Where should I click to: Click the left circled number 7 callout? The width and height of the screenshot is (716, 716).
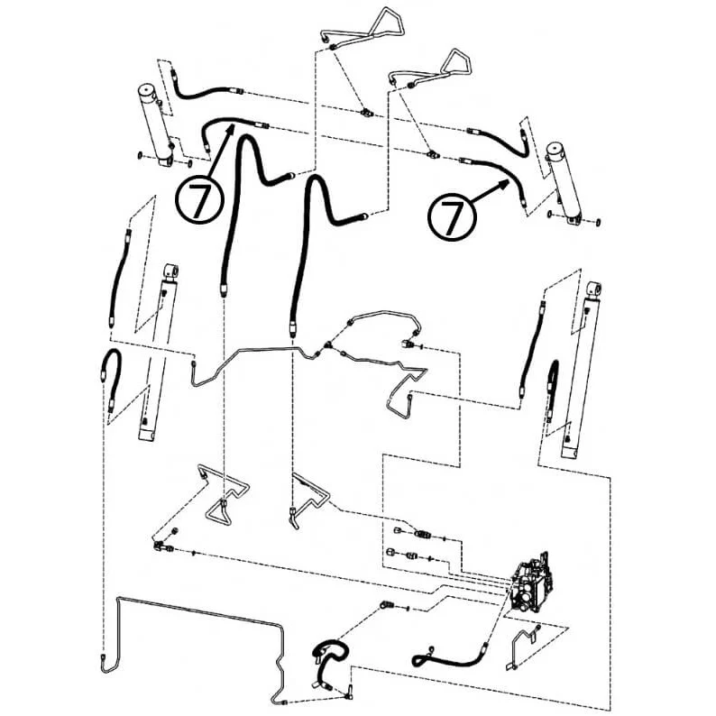coord(199,199)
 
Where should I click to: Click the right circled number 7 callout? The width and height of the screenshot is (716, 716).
coord(452,216)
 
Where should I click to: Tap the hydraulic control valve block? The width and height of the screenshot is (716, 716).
coord(531,583)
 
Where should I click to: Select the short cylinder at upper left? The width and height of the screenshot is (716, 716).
coord(156,125)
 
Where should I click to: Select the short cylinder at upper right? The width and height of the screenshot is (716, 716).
coord(565,185)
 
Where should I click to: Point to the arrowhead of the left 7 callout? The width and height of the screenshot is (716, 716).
coord(231,129)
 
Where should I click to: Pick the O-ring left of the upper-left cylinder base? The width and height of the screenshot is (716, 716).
coord(139,157)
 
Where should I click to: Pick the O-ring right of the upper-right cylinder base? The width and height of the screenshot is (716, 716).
coord(597,222)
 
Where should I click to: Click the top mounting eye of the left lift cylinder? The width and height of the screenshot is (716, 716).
coord(170,271)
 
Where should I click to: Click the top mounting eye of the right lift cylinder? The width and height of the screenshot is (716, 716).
coord(593,289)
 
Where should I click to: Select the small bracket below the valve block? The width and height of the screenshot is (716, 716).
coord(523,647)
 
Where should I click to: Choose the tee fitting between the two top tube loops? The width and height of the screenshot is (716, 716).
coord(366,112)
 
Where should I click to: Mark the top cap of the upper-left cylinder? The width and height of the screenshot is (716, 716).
coord(148,90)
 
